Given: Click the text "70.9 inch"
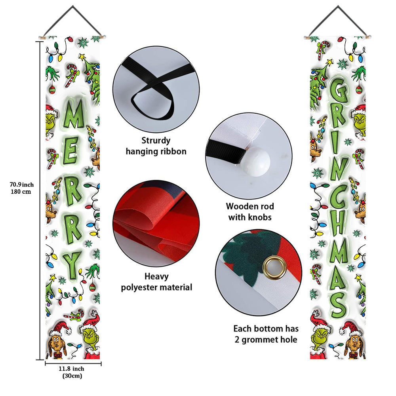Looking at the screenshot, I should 22,184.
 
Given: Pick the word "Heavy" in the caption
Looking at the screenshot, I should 156,276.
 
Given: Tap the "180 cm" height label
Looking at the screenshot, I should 22,192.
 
